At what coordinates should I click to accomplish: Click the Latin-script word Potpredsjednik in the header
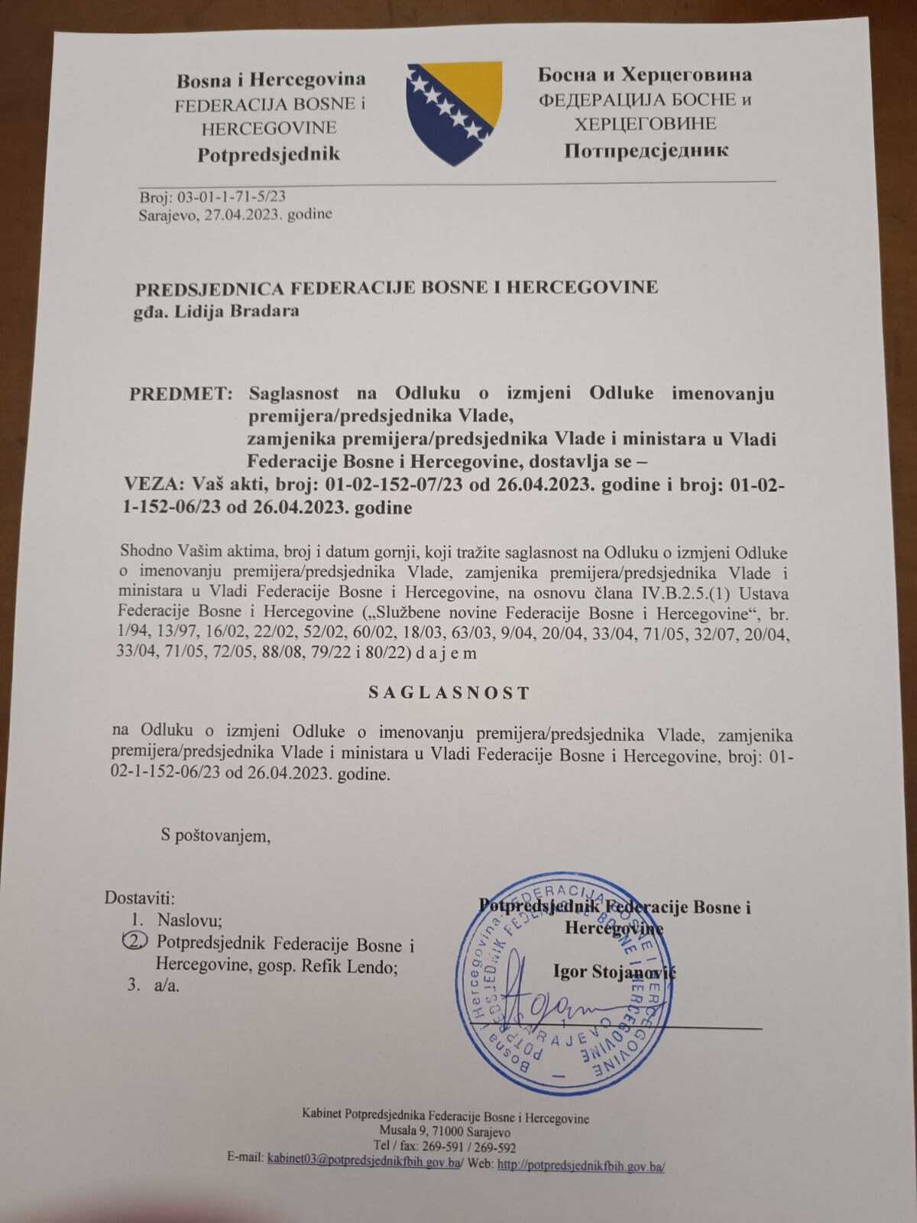pyautogui.click(x=268, y=154)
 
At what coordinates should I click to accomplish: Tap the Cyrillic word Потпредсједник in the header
pyautogui.click(x=646, y=150)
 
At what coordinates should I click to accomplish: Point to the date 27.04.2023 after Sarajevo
pyautogui.click(x=241, y=215)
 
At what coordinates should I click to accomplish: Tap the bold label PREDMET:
pyautogui.click(x=180, y=394)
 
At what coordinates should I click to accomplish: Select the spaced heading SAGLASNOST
pyautogui.click(x=449, y=693)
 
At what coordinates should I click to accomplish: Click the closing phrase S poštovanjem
pyautogui.click(x=215, y=835)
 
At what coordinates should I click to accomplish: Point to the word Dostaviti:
pyautogui.click(x=140, y=897)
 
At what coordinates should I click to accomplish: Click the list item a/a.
pyautogui.click(x=167, y=986)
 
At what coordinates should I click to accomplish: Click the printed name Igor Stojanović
pyautogui.click(x=614, y=972)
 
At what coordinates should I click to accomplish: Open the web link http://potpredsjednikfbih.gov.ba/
pyautogui.click(x=581, y=1166)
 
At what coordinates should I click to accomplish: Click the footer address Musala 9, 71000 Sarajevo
pyautogui.click(x=446, y=1132)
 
